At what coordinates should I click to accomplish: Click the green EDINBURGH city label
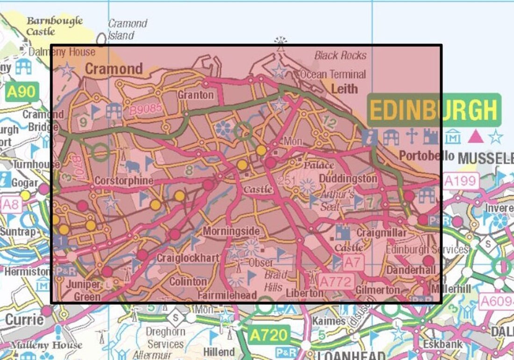click(x=434, y=110)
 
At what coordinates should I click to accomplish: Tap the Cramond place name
click(x=114, y=69)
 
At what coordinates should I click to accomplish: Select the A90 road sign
click(x=21, y=92)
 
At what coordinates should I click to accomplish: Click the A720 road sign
click(x=268, y=335)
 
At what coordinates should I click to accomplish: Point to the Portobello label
click(x=426, y=155)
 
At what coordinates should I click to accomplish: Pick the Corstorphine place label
click(x=123, y=180)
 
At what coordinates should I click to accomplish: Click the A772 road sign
click(x=335, y=281)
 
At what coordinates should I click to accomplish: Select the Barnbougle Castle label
click(x=54, y=26)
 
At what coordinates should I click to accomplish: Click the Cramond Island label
click(x=128, y=29)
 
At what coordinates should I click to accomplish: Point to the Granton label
click(x=195, y=95)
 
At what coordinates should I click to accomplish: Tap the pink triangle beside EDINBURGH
click(x=475, y=136)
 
